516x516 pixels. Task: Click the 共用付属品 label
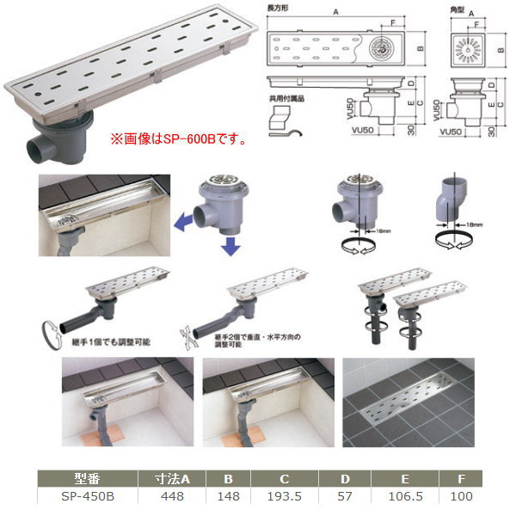tap(286, 99)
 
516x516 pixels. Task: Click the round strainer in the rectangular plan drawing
tap(381, 51)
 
